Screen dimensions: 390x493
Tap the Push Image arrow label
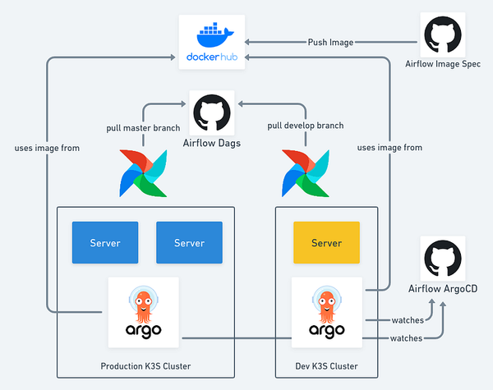click(x=331, y=41)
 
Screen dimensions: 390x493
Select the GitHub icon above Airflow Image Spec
click(x=443, y=35)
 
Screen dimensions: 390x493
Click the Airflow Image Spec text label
click(x=443, y=64)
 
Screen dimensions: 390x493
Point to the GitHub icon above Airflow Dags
click(x=212, y=112)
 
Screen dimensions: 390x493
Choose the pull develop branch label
click(x=305, y=126)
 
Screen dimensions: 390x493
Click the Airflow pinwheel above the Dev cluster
click(x=305, y=173)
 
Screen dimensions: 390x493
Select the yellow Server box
click(x=326, y=243)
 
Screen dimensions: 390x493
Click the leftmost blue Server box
click(x=105, y=243)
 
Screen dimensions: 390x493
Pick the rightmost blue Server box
click(x=189, y=243)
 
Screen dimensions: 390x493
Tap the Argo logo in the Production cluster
click(x=145, y=312)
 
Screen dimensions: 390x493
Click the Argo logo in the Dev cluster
click(x=326, y=312)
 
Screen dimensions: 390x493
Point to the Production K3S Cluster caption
click(x=145, y=365)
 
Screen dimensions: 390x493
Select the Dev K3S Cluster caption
click(x=326, y=365)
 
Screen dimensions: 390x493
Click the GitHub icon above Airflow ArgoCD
click(x=443, y=259)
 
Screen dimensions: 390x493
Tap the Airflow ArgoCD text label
click(x=444, y=289)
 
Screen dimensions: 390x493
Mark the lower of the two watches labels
click(x=407, y=337)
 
